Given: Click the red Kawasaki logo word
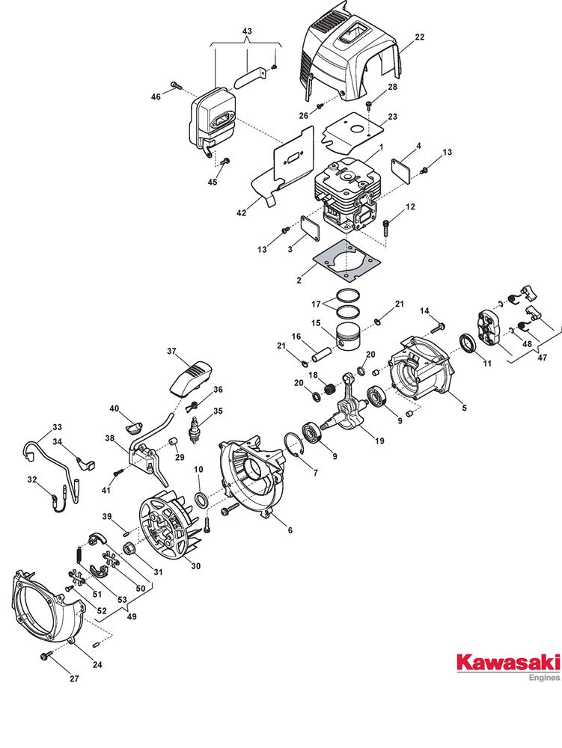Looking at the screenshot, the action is click(509, 663).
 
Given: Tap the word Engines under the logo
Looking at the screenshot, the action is click(545, 678).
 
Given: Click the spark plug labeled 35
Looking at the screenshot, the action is click(194, 430).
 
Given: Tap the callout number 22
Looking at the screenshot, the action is click(419, 37).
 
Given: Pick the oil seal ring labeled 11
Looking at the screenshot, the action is click(468, 344).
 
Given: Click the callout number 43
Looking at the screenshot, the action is click(247, 31).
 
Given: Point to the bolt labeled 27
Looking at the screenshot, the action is click(46, 657).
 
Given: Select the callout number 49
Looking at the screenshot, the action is click(132, 616).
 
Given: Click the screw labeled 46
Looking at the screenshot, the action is click(176, 86).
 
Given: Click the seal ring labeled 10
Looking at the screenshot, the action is click(202, 500).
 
